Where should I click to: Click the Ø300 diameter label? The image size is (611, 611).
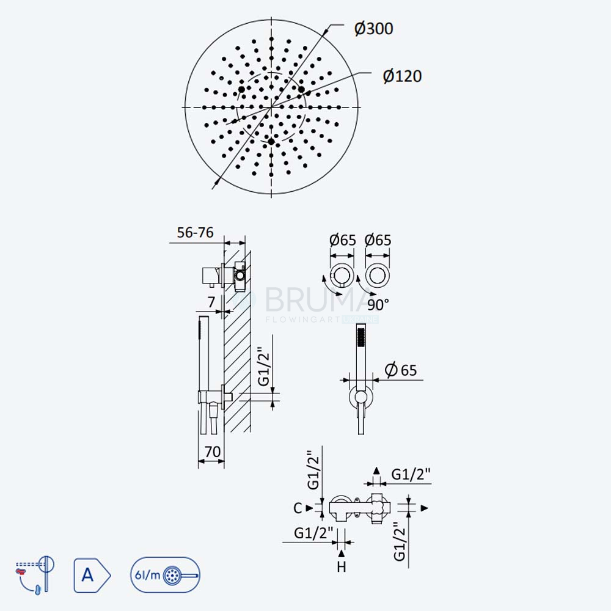click(x=373, y=29)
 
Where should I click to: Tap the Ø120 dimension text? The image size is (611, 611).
click(x=402, y=76)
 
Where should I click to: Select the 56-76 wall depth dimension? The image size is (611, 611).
click(x=196, y=233)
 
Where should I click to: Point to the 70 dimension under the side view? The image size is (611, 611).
click(x=213, y=452)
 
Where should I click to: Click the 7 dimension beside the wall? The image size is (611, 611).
click(x=211, y=302)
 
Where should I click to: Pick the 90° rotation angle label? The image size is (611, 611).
click(x=378, y=305)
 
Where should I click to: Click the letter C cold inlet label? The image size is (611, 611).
click(x=298, y=508)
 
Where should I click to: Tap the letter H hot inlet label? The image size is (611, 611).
click(x=342, y=566)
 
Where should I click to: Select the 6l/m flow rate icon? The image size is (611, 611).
click(x=165, y=575)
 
